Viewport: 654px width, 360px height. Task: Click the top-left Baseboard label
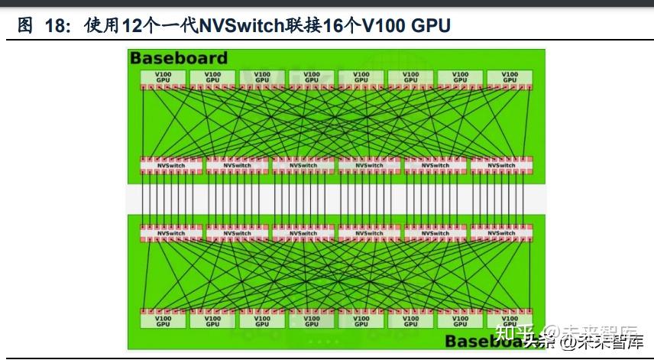tap(179, 57)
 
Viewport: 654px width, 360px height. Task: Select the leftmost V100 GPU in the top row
tap(163, 77)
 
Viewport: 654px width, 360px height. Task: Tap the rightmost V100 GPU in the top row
tap(510, 77)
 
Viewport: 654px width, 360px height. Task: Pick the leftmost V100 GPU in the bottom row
tap(163, 321)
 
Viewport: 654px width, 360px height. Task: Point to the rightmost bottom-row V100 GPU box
tap(510, 321)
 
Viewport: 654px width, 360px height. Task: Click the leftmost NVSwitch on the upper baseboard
tap(171, 165)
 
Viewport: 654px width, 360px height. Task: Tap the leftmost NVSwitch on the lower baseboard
tap(171, 232)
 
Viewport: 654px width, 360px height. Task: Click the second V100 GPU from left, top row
tap(212, 77)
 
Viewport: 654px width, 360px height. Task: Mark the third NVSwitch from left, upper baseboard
tap(303, 165)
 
